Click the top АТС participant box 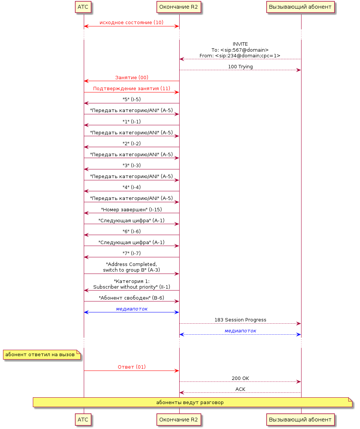83,7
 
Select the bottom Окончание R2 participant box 178,420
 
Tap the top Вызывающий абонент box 300,7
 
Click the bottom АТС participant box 83,420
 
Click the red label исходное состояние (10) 132,22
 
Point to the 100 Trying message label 240,66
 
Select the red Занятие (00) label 132,77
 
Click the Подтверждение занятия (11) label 132,88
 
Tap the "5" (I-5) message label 132,99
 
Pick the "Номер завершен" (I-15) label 132,209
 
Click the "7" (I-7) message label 132,253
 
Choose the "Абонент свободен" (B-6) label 132,298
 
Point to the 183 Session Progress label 240,320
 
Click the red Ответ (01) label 132,367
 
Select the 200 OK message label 240,378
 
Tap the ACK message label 240,389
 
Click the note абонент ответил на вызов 42,355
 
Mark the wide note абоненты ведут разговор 192,402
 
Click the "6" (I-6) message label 132,231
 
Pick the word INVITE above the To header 240,44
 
